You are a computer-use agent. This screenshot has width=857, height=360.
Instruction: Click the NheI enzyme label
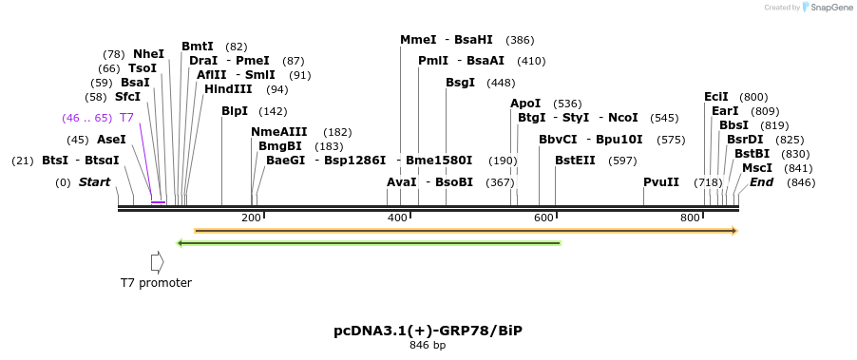148,54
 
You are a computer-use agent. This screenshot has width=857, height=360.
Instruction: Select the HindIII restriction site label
228,89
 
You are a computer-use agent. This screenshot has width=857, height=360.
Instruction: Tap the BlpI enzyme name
234,111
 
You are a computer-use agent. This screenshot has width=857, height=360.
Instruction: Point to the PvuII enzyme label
661,182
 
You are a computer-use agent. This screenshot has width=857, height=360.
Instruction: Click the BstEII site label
575,161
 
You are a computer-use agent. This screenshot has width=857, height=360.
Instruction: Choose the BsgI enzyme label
460,83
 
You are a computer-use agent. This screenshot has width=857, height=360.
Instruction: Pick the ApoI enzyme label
525,104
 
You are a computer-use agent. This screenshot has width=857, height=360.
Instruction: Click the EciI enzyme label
715,97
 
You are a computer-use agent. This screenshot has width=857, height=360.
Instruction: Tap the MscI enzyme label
757,168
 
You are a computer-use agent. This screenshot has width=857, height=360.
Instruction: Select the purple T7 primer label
126,118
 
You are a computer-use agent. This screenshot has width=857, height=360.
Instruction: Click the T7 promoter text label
156,283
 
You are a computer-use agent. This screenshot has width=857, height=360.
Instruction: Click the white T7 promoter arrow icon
157,261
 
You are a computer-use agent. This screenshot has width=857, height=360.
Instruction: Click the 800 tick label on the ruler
690,218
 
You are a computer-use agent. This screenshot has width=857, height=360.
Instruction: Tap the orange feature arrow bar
466,231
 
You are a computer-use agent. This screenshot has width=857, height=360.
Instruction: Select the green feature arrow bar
370,243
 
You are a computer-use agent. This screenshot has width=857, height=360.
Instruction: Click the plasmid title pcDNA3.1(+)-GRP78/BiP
428,331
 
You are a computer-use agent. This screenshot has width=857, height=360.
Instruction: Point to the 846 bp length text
428,345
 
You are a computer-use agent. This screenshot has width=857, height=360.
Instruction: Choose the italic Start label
94,182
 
